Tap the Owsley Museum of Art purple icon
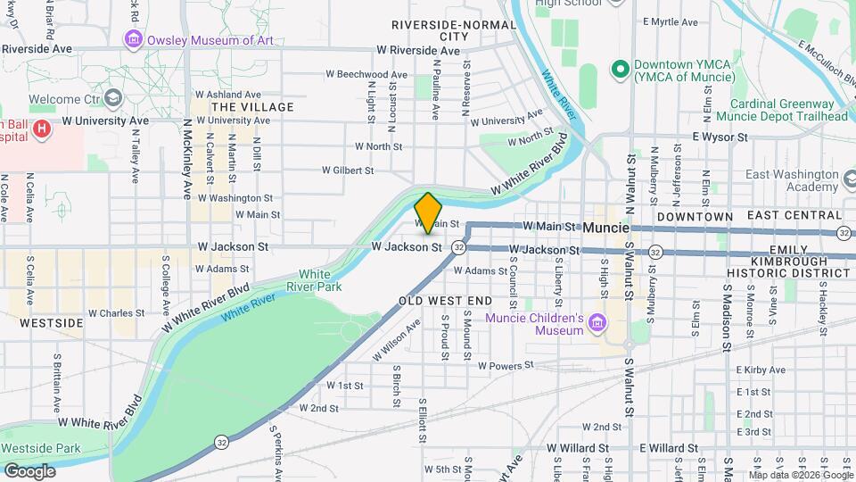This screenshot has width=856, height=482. (134, 39)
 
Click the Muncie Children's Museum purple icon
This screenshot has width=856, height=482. (597, 321)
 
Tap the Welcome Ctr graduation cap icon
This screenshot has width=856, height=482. (113, 96)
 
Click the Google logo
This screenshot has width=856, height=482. (29, 470)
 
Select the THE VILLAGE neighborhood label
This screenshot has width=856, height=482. (252, 107)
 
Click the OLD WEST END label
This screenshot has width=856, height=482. (445, 301)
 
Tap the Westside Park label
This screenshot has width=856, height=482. (40, 448)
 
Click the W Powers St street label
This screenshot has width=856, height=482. (505, 365)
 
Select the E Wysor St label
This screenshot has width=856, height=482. (720, 137)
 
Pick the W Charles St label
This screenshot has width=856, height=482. (115, 313)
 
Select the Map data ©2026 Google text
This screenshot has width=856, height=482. (801, 474)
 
